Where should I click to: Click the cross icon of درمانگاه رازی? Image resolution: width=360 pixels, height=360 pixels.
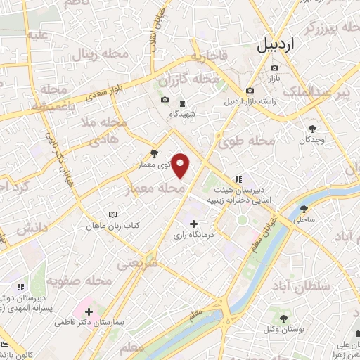(x=193, y=224)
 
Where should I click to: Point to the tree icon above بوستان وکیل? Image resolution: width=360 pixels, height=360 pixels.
(x=283, y=319)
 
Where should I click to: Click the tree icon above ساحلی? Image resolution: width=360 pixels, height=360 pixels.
(x=304, y=209)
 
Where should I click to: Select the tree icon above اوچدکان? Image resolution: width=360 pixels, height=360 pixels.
(x=313, y=128)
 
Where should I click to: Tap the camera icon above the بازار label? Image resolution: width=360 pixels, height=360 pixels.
(x=274, y=68)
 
